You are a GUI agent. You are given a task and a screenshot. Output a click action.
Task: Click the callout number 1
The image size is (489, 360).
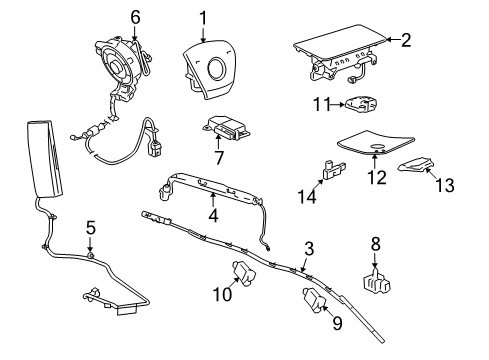pyautogui.click(x=202, y=17)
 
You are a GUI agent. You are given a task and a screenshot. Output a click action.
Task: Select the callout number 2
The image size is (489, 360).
pyautogui.click(x=406, y=41)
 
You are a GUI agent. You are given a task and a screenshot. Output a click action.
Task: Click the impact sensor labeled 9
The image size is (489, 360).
pyautogui.click(x=312, y=301)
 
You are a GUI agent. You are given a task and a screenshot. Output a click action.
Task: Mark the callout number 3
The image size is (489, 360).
pyautogui.click(x=309, y=247)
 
